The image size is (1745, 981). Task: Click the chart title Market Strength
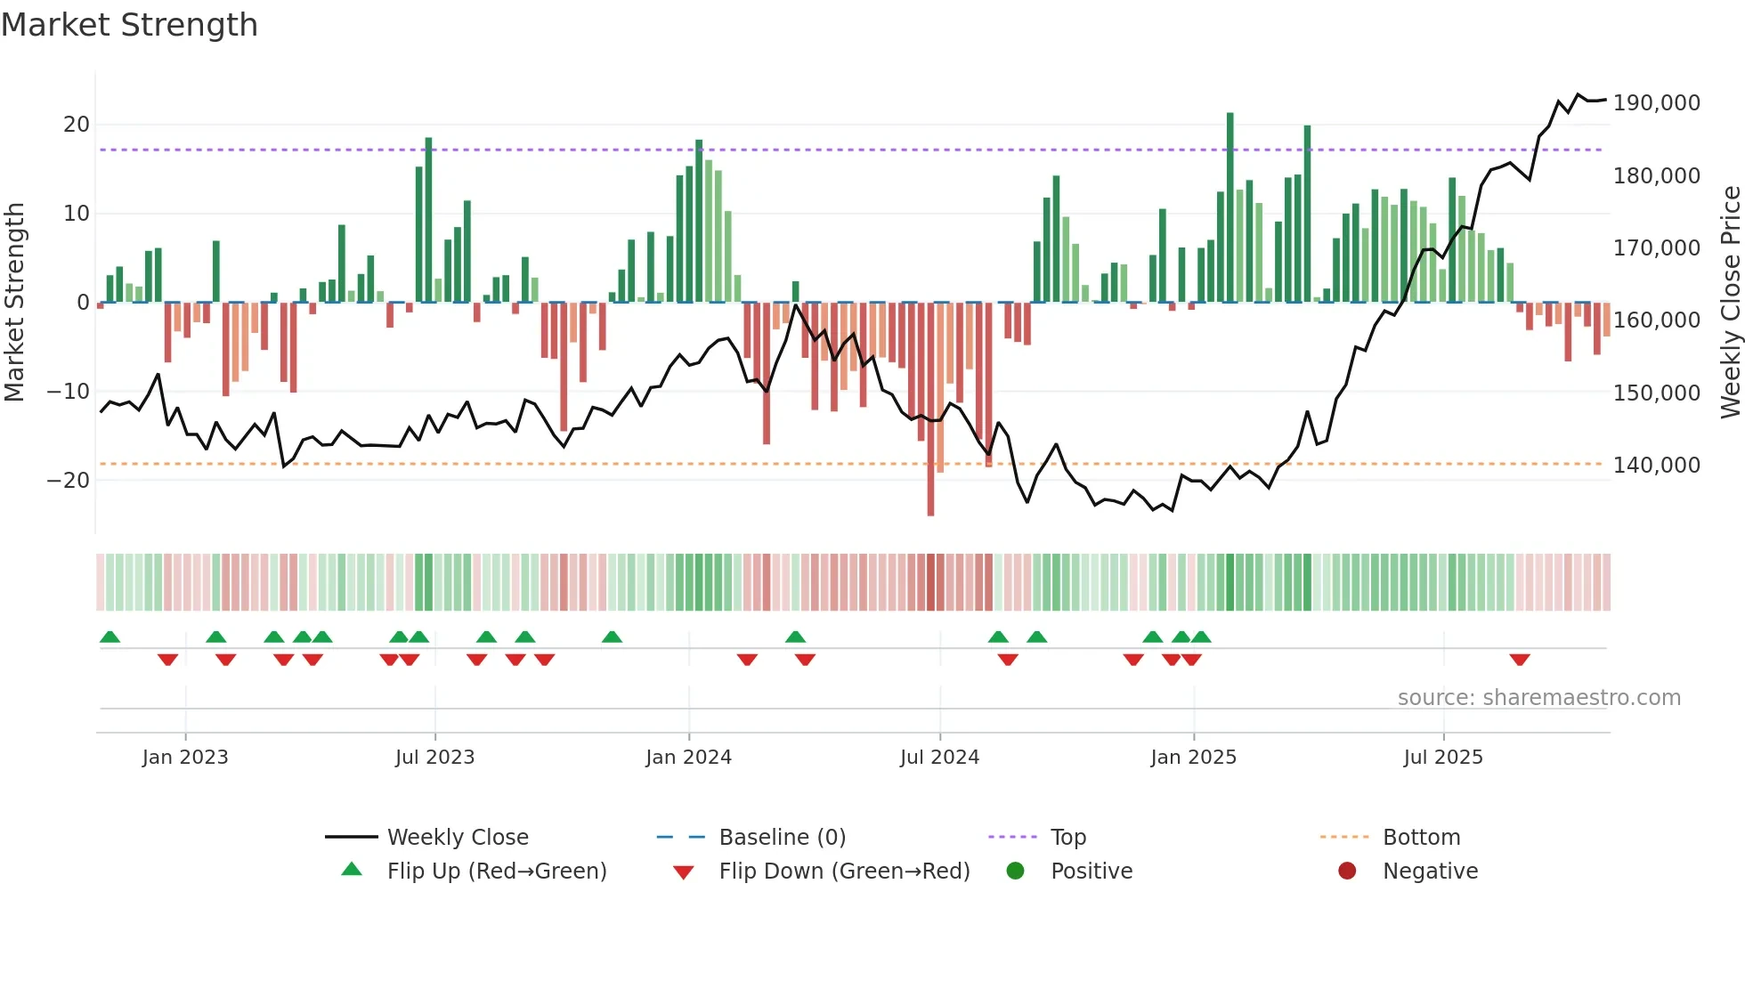(x=129, y=25)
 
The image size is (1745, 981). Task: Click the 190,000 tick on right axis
(x=1656, y=103)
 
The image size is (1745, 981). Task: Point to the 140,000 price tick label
(x=1656, y=466)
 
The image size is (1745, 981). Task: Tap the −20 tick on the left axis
(x=68, y=481)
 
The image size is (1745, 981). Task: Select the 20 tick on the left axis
(x=77, y=125)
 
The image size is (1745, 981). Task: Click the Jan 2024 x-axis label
(x=688, y=758)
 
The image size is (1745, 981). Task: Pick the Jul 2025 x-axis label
(x=1443, y=758)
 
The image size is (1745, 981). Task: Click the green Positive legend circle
(x=1015, y=871)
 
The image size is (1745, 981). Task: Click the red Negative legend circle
(x=1347, y=871)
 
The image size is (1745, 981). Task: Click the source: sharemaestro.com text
(x=1538, y=698)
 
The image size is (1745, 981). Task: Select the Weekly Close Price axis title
(x=1730, y=303)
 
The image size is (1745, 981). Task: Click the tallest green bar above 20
(x=1230, y=205)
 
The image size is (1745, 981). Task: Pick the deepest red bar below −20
(x=930, y=409)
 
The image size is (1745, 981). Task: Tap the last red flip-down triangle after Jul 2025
(x=1520, y=660)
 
